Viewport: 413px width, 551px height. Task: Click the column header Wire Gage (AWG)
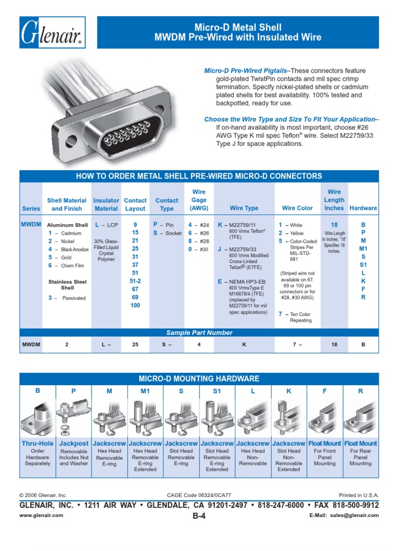tap(199, 200)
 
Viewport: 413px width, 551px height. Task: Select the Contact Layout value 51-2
tap(136, 288)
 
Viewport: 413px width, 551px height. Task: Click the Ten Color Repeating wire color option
tap(298, 317)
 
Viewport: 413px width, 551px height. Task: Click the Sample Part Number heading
tap(199, 333)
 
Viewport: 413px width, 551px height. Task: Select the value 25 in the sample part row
tap(136, 344)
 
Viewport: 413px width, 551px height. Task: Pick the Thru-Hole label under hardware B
tap(38, 443)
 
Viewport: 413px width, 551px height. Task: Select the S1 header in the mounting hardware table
tap(217, 391)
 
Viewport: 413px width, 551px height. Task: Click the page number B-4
tap(199, 515)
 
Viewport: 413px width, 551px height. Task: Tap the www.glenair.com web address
tap(41, 515)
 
